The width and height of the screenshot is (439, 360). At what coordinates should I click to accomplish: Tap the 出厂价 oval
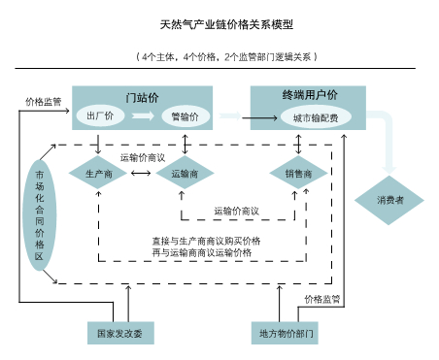(101, 116)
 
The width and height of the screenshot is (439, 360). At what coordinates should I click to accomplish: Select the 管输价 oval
(184, 116)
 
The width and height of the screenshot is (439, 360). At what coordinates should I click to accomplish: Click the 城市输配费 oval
(314, 117)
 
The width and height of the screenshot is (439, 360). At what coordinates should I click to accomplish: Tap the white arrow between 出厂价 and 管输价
(143, 116)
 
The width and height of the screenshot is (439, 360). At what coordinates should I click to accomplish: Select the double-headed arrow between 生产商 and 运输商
(141, 174)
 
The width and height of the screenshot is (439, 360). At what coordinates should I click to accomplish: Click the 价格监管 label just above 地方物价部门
(321, 300)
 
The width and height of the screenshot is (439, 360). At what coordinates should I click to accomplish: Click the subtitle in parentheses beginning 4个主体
(225, 56)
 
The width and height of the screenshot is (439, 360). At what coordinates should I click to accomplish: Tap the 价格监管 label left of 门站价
(43, 101)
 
